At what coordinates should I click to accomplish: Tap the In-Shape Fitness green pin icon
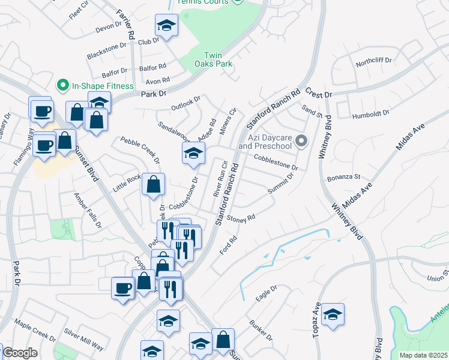[62, 86]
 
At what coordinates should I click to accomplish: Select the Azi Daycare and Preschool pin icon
[302, 141]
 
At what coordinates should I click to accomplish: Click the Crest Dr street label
[318, 95]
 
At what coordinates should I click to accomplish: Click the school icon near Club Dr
[166, 25]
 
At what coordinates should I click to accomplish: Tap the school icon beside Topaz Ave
[332, 314]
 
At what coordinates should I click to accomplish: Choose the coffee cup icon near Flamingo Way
[44, 145]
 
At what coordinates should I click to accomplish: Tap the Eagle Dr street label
[266, 292]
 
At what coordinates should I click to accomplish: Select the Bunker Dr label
[261, 329]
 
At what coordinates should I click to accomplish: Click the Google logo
[20, 353]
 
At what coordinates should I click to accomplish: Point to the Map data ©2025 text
[424, 355]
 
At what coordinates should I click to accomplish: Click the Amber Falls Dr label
[88, 210]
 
